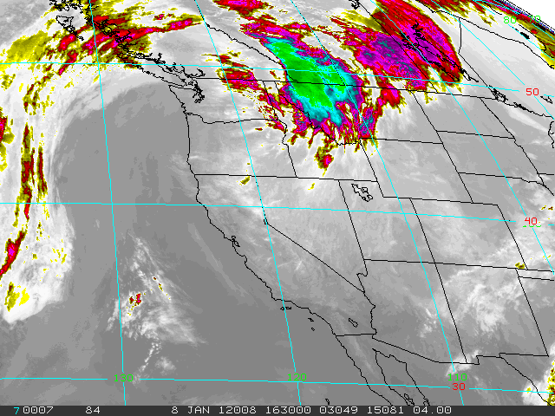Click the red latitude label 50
coord(532,92)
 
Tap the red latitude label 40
coord(531,221)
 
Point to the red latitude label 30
coord(458,386)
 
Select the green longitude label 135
coord(124,378)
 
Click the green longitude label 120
coord(297,378)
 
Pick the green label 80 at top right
coord(511,19)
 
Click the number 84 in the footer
coord(92,410)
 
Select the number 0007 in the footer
coord(36,410)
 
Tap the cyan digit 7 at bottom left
coord(16,410)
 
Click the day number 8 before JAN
coord(174,410)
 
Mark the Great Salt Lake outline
coord(363,192)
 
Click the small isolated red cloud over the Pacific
coord(135,300)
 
